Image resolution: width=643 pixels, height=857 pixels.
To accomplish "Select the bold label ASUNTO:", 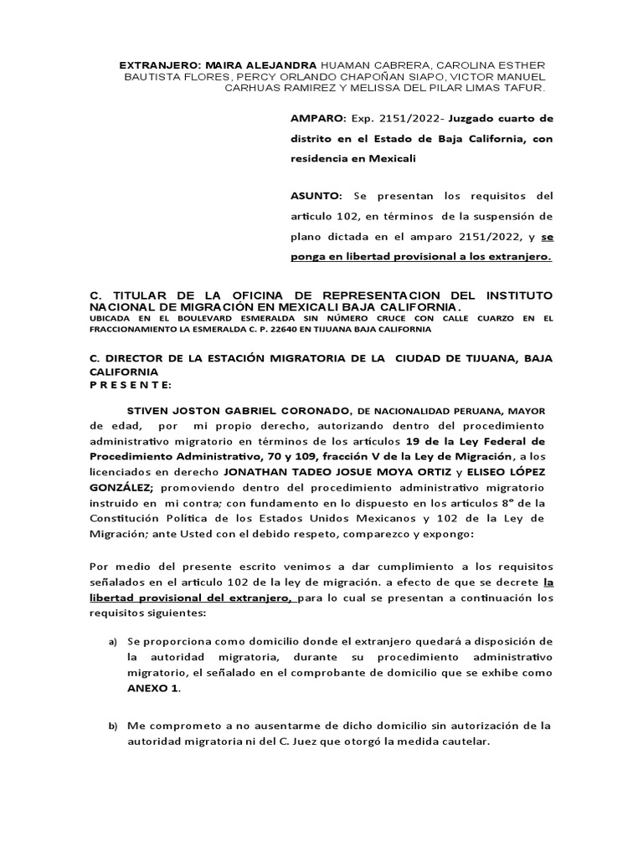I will (314, 196).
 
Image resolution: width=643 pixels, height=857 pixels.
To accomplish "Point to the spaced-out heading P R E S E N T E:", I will (131, 384).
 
